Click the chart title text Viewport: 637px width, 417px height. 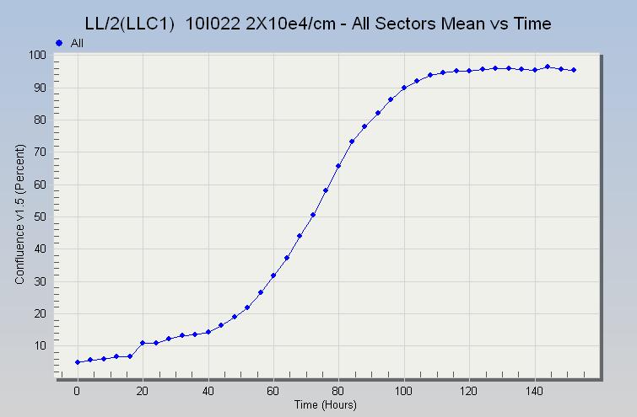(318, 24)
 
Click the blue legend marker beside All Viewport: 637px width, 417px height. (58, 42)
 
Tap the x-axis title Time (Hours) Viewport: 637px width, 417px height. (326, 405)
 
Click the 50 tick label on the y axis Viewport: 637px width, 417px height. (38, 217)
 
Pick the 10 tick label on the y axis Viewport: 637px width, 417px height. (38, 346)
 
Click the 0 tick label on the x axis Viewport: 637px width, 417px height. (77, 392)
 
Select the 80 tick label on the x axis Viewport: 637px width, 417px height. (338, 392)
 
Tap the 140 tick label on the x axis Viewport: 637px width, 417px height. (534, 392)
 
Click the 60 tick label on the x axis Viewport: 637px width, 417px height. (273, 392)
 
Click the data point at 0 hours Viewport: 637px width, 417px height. (78, 362)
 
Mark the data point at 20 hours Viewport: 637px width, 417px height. (143, 343)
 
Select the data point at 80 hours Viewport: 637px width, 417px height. (338, 166)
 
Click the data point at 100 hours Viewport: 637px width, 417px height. (404, 88)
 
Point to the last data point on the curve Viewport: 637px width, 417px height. (574, 70)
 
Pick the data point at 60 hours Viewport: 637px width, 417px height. (273, 275)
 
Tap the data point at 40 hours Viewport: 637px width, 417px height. (208, 332)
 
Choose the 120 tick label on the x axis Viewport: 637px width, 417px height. (469, 392)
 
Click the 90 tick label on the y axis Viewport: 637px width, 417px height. (38, 88)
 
